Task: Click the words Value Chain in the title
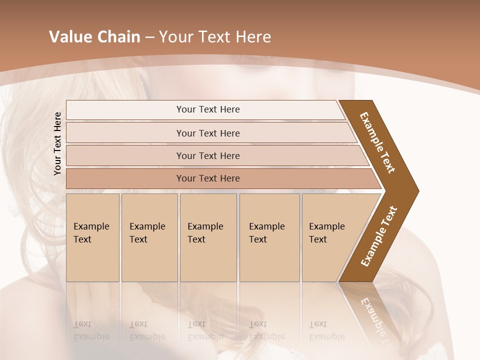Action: (x=94, y=37)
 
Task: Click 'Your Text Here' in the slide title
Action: (x=215, y=37)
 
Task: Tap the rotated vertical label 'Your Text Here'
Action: (x=57, y=143)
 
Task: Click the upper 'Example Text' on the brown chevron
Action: (x=377, y=142)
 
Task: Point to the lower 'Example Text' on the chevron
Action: (x=378, y=236)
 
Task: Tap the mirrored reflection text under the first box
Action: (x=91, y=330)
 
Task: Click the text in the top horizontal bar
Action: (x=208, y=109)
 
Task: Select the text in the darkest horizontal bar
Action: (x=208, y=178)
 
